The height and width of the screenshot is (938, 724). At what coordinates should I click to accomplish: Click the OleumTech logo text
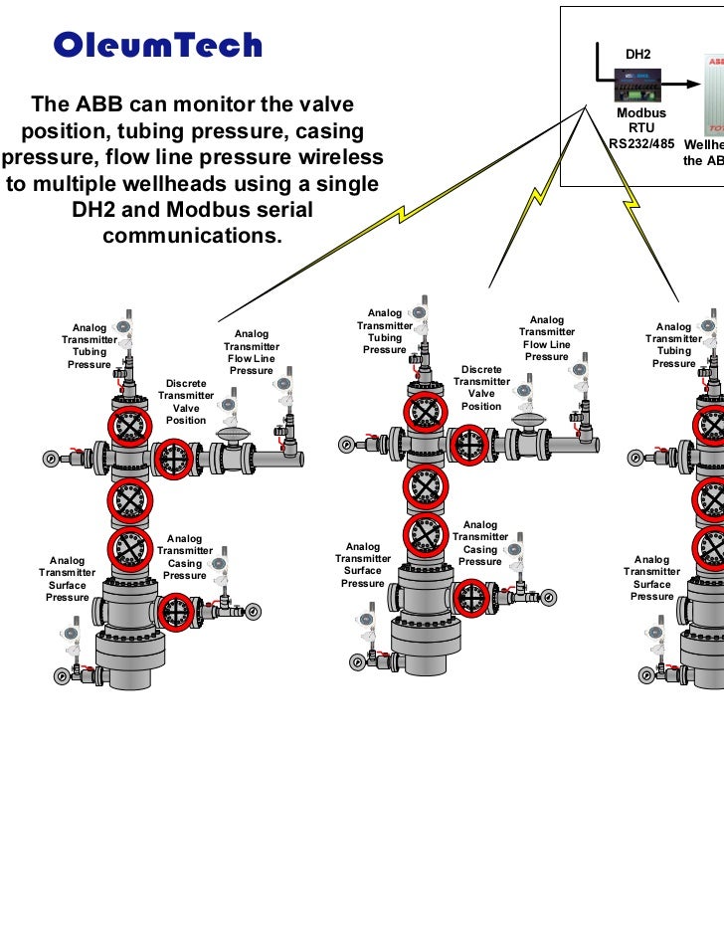tap(157, 46)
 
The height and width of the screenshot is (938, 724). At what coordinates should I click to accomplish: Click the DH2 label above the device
tap(637, 52)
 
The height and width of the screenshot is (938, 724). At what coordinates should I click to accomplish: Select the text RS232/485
tap(641, 143)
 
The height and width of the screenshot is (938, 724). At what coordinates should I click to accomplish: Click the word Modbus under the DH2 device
tap(641, 114)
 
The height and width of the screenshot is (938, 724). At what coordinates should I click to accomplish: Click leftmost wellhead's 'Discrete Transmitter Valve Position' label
tap(186, 402)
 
